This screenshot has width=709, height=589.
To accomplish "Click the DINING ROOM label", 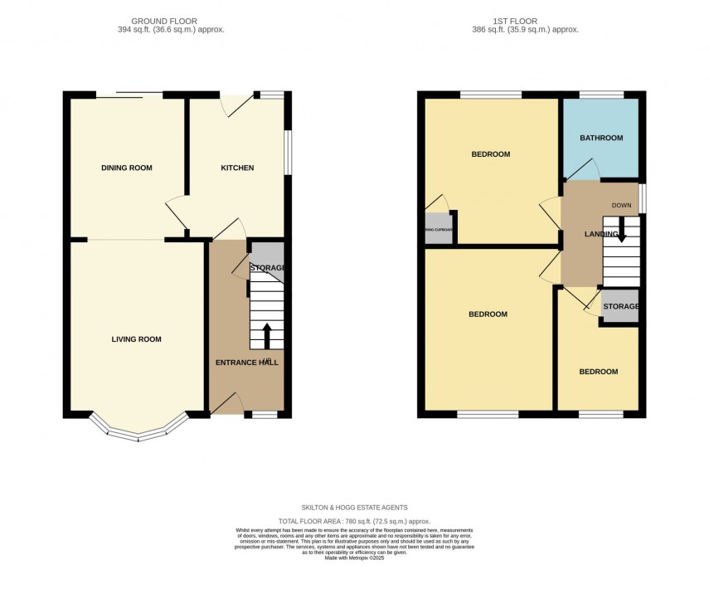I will [127, 168].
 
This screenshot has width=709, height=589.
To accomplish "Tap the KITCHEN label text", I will [237, 168].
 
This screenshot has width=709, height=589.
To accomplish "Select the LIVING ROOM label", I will [137, 339].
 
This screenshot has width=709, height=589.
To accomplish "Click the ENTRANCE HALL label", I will [247, 363].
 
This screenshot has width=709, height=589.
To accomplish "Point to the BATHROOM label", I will [601, 138].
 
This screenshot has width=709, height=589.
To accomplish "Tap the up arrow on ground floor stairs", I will [267, 335].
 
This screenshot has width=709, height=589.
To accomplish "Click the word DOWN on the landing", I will [622, 206].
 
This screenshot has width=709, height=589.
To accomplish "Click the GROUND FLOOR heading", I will [163, 21].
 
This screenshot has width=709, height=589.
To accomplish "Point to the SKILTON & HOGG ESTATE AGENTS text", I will [354, 508].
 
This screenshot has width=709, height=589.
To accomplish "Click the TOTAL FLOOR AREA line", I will [354, 521].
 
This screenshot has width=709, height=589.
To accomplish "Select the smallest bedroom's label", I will [598, 372].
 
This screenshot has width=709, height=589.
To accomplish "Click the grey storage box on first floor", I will [620, 306].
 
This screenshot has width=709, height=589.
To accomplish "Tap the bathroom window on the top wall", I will [601, 95].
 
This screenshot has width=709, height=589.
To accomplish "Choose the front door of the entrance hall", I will [226, 403].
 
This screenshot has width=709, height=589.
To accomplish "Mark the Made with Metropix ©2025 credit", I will [354, 558].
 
